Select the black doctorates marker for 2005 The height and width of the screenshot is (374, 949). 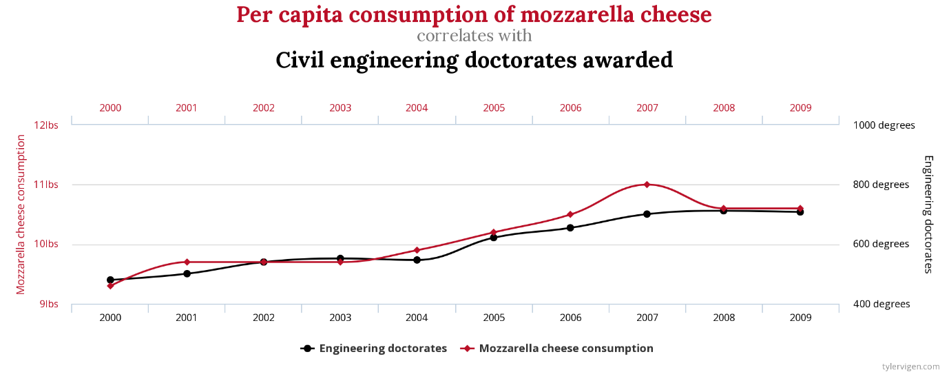[x=494, y=238]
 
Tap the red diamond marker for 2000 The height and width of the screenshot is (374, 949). [x=110, y=286]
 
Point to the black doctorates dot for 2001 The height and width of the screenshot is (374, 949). [x=187, y=273]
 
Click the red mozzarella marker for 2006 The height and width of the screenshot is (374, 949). [x=570, y=214]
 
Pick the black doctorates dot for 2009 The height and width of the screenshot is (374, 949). [x=800, y=212]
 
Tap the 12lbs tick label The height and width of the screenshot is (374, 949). [x=47, y=125]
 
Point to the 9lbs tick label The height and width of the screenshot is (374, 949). [x=49, y=304]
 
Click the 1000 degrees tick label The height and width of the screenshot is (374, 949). [x=884, y=125]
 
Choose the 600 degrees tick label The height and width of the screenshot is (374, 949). [x=882, y=245]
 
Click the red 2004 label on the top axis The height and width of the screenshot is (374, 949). [x=417, y=108]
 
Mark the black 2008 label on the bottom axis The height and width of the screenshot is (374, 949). [x=724, y=318]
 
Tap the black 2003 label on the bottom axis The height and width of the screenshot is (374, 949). [x=340, y=318]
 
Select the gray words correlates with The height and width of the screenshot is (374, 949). [x=474, y=35]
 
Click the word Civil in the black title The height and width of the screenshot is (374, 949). [x=301, y=60]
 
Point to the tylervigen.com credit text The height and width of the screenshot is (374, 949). [x=910, y=367]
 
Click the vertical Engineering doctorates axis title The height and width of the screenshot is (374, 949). [x=928, y=214]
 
